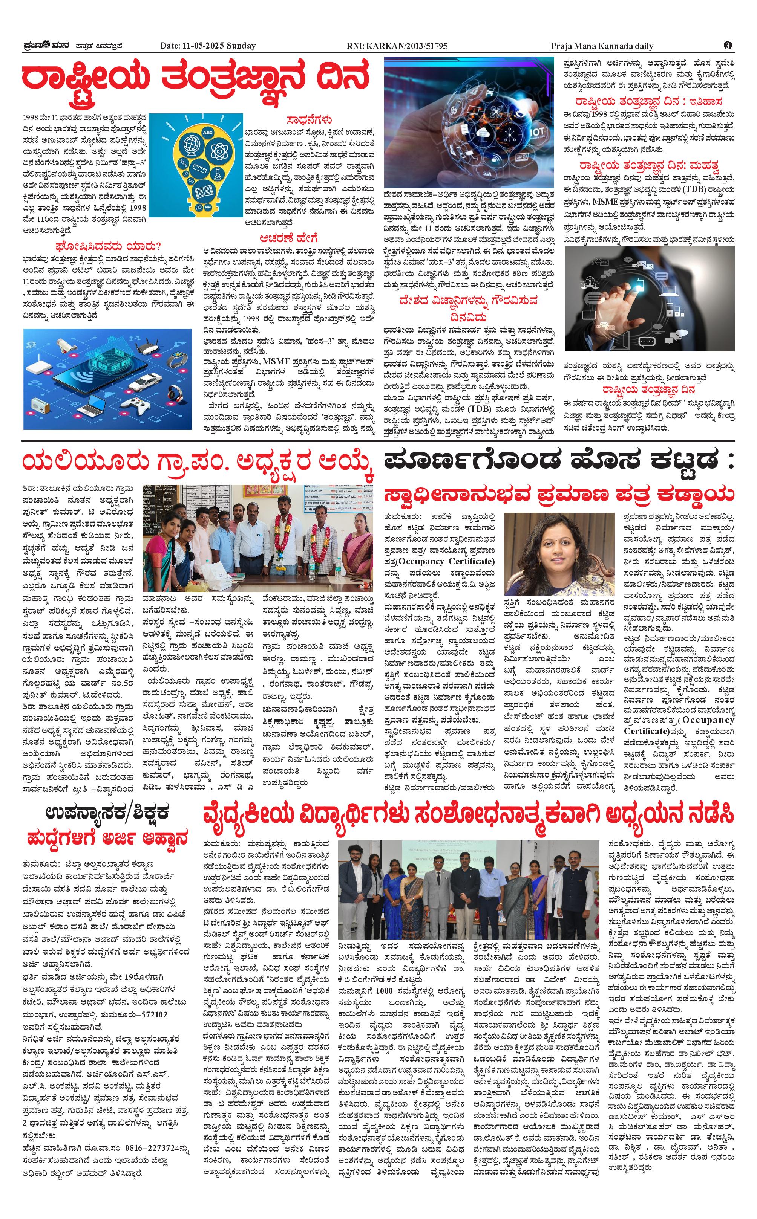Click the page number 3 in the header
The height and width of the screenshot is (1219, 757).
click(x=728, y=46)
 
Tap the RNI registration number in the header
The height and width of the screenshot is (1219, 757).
click(x=397, y=46)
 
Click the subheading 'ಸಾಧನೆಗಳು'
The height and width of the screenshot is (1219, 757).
click(x=310, y=120)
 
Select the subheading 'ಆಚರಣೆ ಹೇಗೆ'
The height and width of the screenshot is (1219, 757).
click(x=288, y=238)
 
